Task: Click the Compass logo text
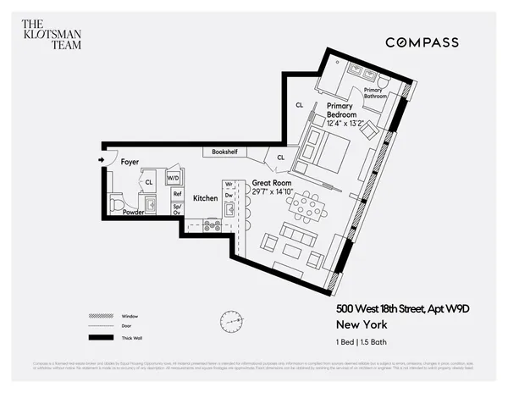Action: [x=422, y=42]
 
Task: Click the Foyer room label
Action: [x=130, y=161]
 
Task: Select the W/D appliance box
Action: [x=174, y=179]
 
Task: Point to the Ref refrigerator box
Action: [x=178, y=193]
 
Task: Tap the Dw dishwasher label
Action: [x=228, y=195]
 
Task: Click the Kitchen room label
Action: [x=205, y=198]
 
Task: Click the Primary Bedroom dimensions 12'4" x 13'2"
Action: [x=345, y=123]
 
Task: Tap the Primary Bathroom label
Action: [x=375, y=93]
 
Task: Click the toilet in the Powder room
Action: [x=117, y=204]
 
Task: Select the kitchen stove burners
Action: [x=212, y=225]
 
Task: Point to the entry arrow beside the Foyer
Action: [x=101, y=159]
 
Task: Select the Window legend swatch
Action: [x=101, y=316]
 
